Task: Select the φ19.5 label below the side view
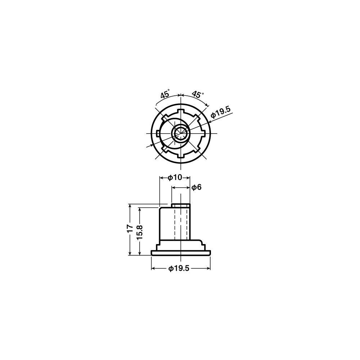pos(179,269)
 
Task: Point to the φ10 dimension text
pos(175,177)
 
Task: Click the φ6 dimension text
pos(197,187)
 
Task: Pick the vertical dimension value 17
pos(130,229)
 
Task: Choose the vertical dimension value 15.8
pos(140,232)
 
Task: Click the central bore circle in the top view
pos(181,133)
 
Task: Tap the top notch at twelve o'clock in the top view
pos(181,111)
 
